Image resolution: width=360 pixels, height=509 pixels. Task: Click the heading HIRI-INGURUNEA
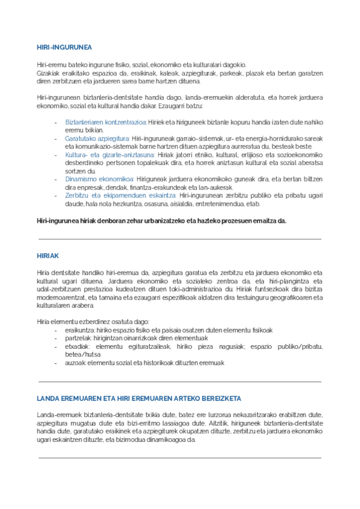(x=64, y=47)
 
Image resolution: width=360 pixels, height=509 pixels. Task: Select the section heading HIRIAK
(x=47, y=256)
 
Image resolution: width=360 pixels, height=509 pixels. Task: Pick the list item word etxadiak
(x=78, y=346)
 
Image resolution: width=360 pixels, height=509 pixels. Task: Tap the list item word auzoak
(x=76, y=363)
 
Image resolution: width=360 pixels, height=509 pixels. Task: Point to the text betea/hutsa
(x=83, y=355)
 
